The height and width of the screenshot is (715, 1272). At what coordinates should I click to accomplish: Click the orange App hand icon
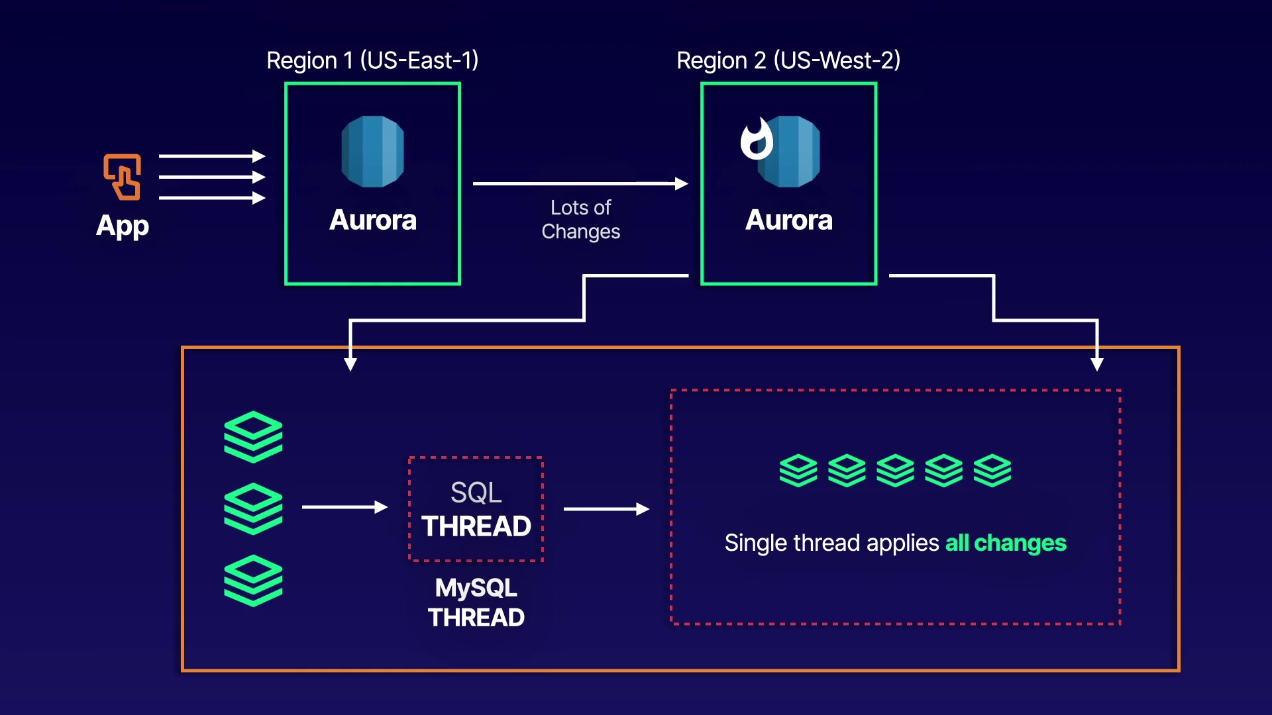point(122,177)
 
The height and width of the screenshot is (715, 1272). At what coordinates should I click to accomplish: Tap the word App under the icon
point(123,226)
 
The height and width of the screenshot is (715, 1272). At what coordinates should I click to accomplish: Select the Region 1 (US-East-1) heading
point(372,60)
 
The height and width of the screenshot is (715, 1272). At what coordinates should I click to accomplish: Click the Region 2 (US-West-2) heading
point(788,60)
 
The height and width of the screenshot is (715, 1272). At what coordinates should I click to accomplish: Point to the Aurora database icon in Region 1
point(372,152)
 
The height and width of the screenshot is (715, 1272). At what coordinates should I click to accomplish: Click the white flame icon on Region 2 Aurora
point(757,139)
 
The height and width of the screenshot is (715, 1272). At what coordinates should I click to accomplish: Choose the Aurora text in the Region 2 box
point(788,220)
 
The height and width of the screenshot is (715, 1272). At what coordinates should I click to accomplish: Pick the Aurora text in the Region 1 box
point(372,220)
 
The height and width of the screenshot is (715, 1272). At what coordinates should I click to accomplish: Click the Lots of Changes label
point(581,219)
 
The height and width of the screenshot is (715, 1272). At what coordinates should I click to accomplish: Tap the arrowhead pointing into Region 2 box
point(681,183)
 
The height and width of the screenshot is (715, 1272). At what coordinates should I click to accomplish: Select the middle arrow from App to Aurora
point(212,177)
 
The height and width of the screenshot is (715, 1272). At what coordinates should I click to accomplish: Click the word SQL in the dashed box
point(476,493)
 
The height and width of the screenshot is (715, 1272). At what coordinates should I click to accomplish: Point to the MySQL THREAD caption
point(476,602)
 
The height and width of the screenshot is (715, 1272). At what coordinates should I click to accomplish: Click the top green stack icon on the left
point(253,436)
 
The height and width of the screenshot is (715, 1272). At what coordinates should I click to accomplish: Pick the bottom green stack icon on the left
point(253,581)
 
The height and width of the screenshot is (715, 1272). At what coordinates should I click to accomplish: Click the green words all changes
point(1005,543)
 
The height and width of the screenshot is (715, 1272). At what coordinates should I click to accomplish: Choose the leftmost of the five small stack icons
point(798,471)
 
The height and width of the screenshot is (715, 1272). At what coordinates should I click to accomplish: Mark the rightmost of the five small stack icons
point(992,471)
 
